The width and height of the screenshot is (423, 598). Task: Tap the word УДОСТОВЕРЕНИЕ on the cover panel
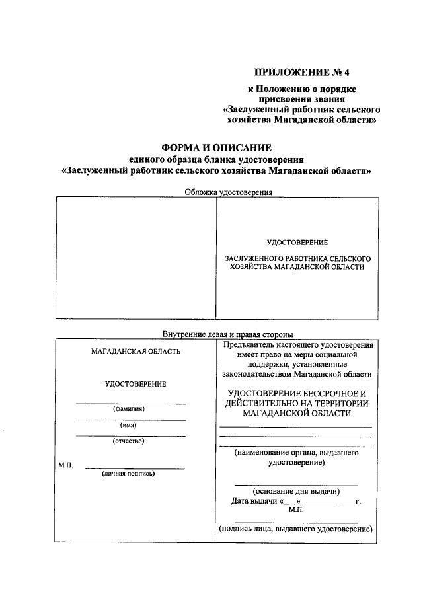coord(297,243)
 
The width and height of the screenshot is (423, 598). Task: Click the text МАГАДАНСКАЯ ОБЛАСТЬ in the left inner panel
coord(135,352)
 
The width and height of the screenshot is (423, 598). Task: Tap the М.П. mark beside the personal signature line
coord(65,466)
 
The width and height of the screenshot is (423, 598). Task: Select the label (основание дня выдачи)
coord(296,491)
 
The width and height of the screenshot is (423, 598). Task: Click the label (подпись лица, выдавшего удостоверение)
coord(295,529)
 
